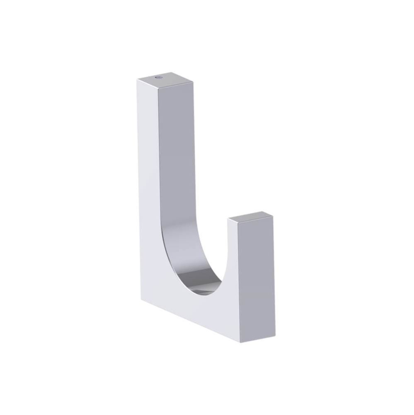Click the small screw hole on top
(x=158, y=77)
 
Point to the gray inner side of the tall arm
(x=176, y=166)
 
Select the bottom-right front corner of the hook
(x=241, y=342)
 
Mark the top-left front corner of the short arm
(x=228, y=218)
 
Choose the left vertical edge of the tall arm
(x=138, y=187)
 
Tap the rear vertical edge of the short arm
(x=274, y=274)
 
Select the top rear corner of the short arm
(x=273, y=215)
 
